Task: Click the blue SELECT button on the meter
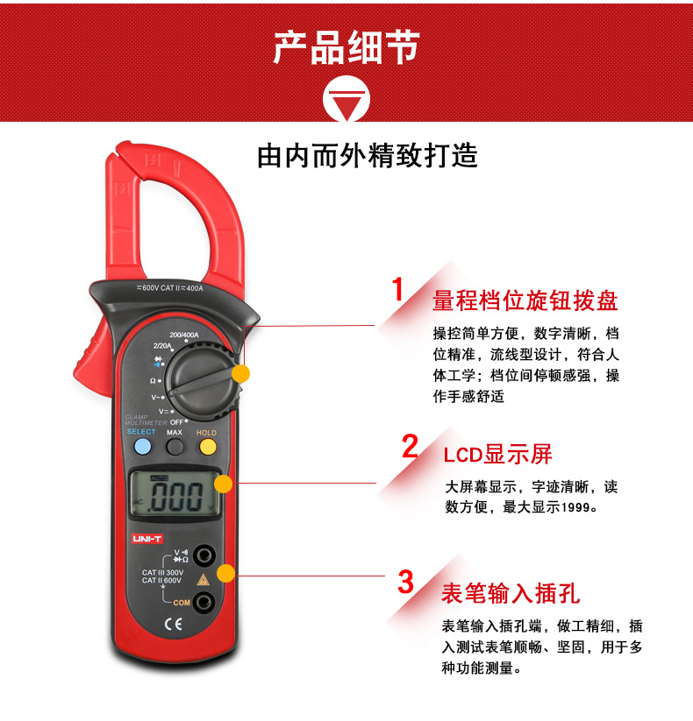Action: click(143, 447)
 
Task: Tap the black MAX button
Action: click(175, 447)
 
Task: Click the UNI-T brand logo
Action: click(147, 539)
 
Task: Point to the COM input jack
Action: click(203, 602)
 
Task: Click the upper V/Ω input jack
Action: click(204, 555)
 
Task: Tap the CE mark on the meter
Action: click(174, 624)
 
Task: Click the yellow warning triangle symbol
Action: click(203, 579)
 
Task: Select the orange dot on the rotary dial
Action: click(240, 373)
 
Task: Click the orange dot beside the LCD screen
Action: click(224, 484)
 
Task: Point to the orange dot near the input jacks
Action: click(225, 574)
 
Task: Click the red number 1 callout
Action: click(398, 289)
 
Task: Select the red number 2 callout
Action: click(410, 446)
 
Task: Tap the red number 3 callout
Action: click(405, 582)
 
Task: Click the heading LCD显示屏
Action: click(497, 455)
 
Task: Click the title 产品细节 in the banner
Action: click(346, 47)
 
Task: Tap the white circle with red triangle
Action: click(346, 99)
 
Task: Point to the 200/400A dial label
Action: click(184, 335)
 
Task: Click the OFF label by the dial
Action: click(176, 422)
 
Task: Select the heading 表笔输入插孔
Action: click(511, 593)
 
